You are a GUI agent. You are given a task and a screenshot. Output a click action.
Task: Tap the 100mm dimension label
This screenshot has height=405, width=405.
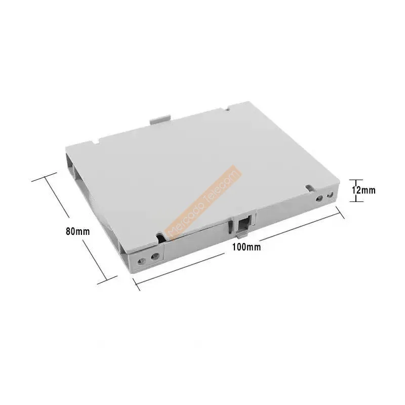click(x=246, y=247)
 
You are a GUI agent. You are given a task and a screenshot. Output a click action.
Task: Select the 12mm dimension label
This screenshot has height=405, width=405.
click(x=364, y=190)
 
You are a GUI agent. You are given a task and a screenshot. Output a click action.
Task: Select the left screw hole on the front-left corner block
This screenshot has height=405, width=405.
click(x=143, y=260)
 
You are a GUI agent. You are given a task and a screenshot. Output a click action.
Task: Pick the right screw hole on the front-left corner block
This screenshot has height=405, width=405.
click(x=154, y=256)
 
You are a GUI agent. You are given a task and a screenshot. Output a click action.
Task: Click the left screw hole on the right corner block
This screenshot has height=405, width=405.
click(x=319, y=198)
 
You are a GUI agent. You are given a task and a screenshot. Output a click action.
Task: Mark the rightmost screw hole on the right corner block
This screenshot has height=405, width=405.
click(x=330, y=194)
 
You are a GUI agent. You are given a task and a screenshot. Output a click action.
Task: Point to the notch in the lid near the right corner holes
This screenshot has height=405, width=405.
click(x=308, y=188)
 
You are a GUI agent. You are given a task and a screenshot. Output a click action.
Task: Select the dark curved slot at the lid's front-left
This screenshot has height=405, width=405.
click(x=161, y=235)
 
